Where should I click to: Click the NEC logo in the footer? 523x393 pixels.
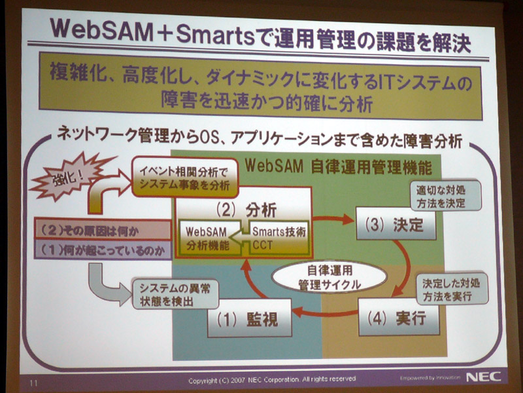pos(483,377)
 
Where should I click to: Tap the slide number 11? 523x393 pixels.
pos(34,383)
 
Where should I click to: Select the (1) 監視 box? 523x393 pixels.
pos(249,318)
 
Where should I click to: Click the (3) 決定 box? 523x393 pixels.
pos(396,223)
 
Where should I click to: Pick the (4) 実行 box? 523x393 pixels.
pos(399,317)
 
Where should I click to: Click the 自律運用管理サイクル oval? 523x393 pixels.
pos(329,277)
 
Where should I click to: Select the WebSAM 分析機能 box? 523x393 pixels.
pos(209,238)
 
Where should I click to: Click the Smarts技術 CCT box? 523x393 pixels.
pos(277,238)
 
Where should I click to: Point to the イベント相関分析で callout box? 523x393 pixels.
pos(185,178)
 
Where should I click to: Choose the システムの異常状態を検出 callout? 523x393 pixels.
pos(175,294)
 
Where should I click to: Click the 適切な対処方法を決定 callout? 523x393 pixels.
pos(446,196)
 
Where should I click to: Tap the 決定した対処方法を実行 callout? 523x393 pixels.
pos(452,289)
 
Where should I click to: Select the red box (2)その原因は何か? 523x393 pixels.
pos(103,230)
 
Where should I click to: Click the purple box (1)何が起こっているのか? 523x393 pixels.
pos(103,250)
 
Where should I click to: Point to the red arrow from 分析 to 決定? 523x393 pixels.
pos(333,219)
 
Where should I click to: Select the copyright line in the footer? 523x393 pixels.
pos(272,380)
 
